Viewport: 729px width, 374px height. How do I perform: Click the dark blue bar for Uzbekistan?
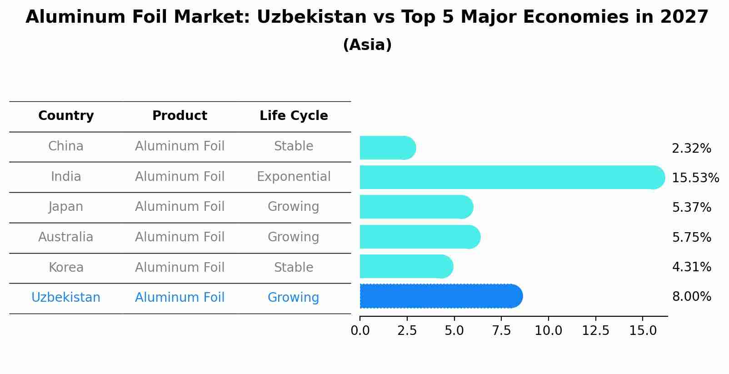(441, 296)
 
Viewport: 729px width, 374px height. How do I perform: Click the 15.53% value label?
(695, 178)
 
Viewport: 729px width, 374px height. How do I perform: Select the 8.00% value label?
(691, 297)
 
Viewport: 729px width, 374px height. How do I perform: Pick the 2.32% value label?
(691, 149)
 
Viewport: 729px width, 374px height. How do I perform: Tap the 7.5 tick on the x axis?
(501, 331)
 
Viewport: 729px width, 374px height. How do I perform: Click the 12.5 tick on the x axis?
(595, 331)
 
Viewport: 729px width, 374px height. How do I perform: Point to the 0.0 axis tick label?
(360, 331)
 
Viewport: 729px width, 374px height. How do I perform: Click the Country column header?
(66, 116)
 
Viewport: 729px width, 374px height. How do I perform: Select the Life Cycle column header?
(294, 116)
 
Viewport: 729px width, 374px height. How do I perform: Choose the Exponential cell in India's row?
(294, 177)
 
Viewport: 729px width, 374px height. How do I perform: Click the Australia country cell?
(66, 237)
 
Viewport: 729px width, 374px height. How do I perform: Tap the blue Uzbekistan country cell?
(66, 298)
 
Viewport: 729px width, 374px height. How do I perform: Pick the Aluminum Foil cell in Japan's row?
(180, 207)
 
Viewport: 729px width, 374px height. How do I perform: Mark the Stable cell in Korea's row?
(294, 268)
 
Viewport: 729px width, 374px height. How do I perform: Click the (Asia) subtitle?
(367, 45)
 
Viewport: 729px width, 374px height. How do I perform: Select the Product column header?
(180, 116)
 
